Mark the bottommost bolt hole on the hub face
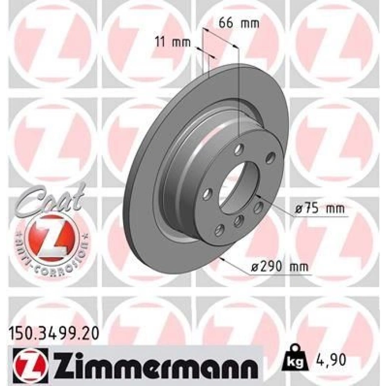220,229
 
